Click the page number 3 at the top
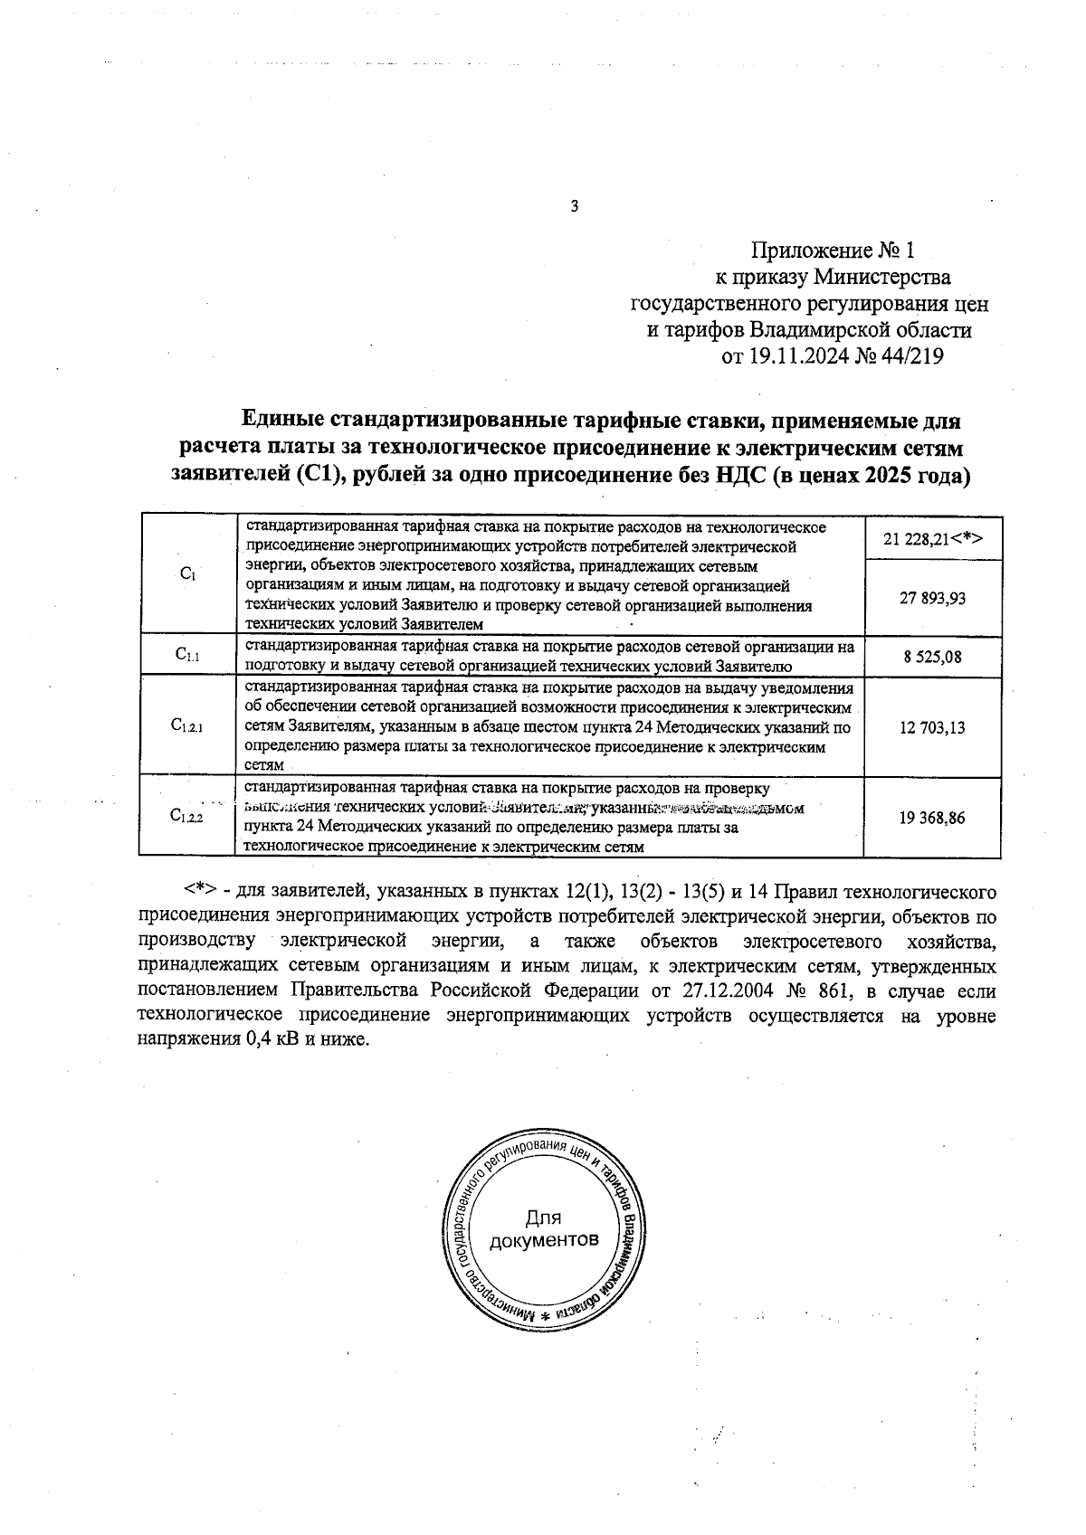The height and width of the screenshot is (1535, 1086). pos(574,207)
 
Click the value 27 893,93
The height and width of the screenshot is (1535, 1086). pos(932,597)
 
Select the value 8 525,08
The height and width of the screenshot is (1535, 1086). pos(932,657)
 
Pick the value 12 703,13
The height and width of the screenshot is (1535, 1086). pos(932,726)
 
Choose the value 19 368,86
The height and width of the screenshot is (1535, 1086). pos(932,818)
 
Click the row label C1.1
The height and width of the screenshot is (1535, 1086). pos(187,656)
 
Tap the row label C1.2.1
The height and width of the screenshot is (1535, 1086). pos(187,725)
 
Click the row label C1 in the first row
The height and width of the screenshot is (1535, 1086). pos(187,573)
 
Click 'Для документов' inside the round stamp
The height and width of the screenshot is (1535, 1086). pos(543,1228)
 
